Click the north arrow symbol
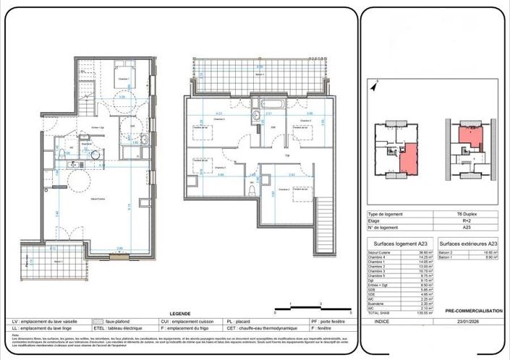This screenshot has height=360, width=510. (374, 86)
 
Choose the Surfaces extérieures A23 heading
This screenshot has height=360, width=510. (468, 244)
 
